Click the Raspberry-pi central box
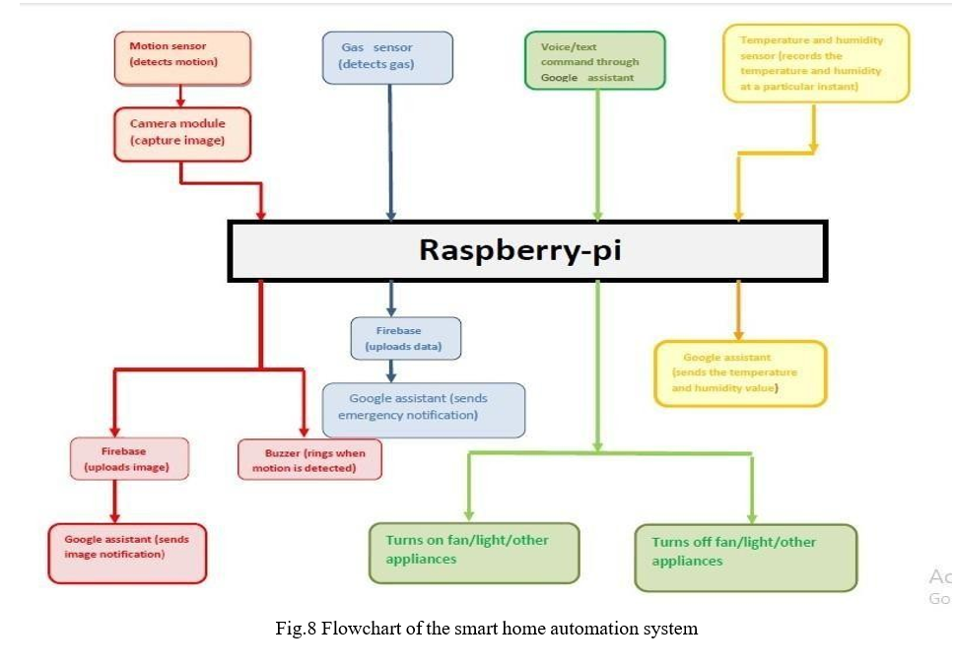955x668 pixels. click(x=527, y=250)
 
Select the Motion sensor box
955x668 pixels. click(x=182, y=55)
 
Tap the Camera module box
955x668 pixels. click(x=182, y=133)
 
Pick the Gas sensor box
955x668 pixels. click(x=387, y=56)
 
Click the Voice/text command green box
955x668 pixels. click(x=594, y=61)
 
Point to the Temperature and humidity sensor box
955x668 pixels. click(x=815, y=64)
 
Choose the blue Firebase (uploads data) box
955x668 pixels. click(x=405, y=338)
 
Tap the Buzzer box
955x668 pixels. click(x=309, y=460)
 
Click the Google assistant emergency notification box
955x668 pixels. click(x=423, y=409)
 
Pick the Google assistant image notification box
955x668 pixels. click(x=128, y=553)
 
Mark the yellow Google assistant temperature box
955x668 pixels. click(x=739, y=373)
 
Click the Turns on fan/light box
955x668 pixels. click(x=474, y=551)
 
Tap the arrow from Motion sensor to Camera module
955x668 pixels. click(x=180, y=96)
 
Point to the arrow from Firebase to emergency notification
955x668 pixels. click(x=391, y=370)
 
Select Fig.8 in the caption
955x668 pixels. click(x=296, y=629)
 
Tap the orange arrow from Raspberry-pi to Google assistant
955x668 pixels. click(x=737, y=312)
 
